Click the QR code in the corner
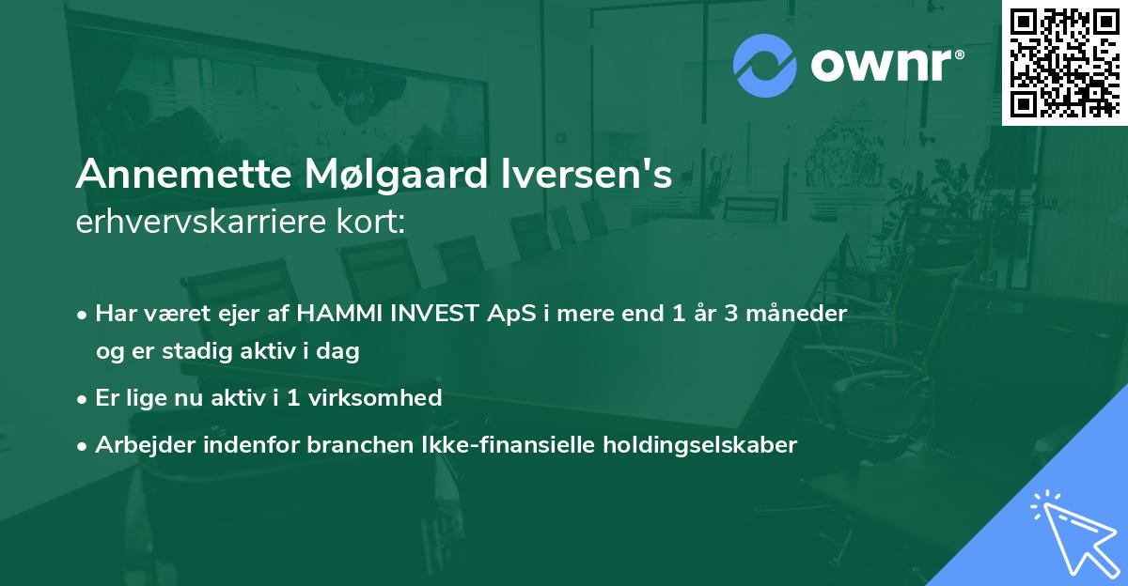point(1064,62)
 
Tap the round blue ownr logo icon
point(764,66)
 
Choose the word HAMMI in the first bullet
point(332,314)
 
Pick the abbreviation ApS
point(516,314)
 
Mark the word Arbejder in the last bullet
point(134,444)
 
